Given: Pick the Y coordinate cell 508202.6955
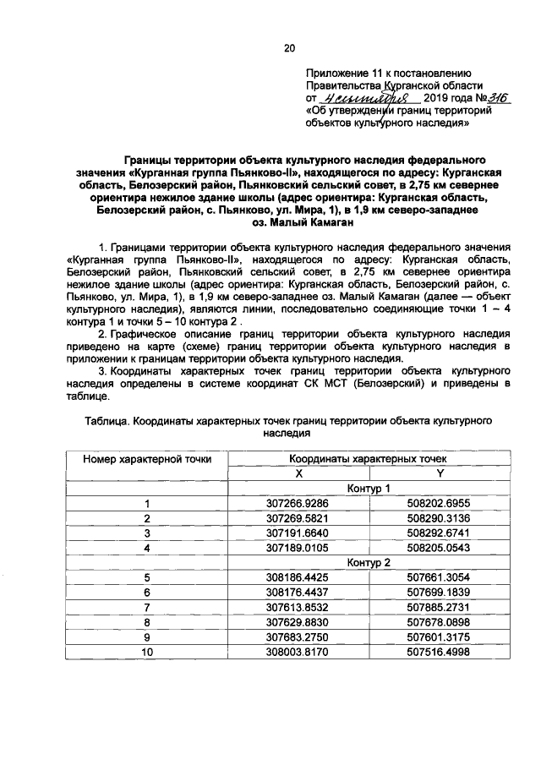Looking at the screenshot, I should pos(440,504).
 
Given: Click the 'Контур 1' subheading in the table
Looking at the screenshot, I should pos(369,489).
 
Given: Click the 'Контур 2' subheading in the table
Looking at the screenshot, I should pos(369,562).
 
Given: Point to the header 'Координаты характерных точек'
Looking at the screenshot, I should pos(369,458).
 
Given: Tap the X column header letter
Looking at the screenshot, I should pos(298,473).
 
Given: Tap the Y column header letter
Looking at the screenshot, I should pos(440,473).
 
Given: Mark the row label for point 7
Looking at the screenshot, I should pos(147,606).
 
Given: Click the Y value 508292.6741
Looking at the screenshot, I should pos(440,533).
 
